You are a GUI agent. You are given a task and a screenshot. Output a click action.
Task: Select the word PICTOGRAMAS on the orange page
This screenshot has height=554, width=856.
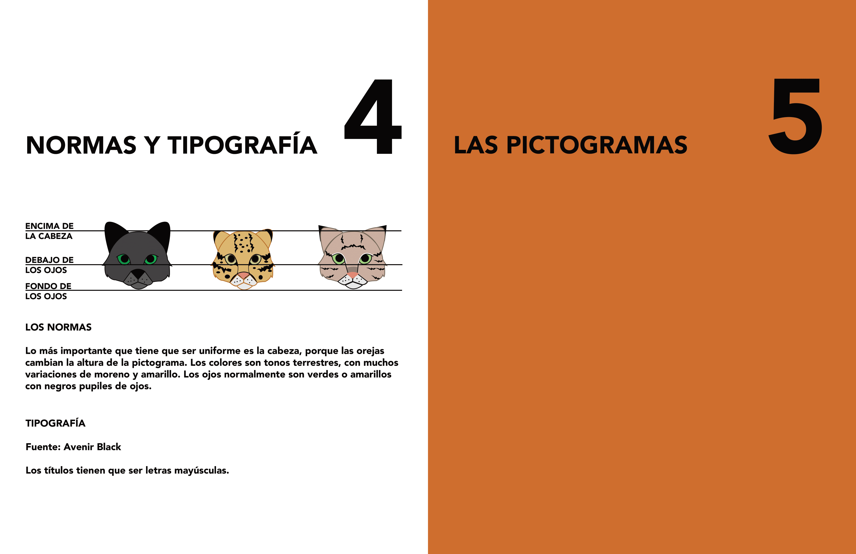[597, 145]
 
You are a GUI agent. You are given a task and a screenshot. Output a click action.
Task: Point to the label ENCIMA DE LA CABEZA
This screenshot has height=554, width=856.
[49, 231]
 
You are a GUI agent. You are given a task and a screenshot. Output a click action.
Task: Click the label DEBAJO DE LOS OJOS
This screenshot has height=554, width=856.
[49, 265]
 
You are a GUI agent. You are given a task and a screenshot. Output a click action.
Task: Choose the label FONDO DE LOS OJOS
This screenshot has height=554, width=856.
[48, 291]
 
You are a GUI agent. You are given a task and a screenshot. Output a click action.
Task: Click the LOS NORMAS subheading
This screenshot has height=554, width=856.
[58, 327]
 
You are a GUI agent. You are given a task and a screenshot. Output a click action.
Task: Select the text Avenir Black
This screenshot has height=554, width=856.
[92, 447]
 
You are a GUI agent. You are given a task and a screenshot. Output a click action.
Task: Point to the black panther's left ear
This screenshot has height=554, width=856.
[114, 236]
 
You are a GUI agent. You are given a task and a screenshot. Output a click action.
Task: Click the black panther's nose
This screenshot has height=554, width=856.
[138, 274]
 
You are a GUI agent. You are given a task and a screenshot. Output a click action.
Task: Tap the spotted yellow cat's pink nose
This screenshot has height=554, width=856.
[243, 275]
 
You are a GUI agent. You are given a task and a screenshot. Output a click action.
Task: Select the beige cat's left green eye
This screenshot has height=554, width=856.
[338, 258]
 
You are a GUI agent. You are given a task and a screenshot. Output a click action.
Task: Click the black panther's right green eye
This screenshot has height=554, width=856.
[151, 259]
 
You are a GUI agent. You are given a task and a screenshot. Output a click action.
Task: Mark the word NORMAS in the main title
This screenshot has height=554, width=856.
[81, 145]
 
